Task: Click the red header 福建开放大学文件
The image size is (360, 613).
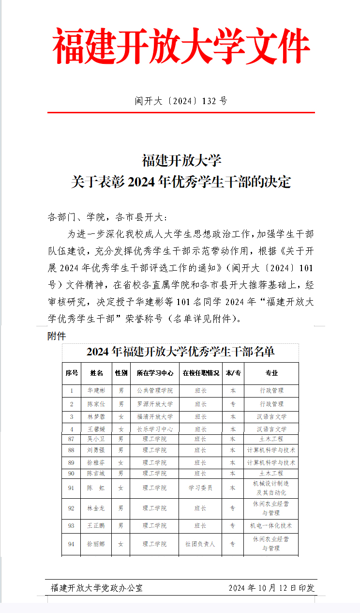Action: [x=180, y=46]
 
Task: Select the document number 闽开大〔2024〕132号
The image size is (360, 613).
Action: [x=180, y=101]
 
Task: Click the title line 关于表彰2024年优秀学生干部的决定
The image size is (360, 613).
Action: [x=180, y=182]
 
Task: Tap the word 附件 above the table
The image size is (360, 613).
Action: [x=57, y=336]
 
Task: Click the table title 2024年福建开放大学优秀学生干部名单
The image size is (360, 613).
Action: [x=180, y=352]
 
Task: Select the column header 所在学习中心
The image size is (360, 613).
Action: [x=154, y=373]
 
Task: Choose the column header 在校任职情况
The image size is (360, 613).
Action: [x=200, y=373]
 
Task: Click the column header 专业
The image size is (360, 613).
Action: [x=271, y=373]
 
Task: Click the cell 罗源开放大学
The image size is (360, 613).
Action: [x=154, y=404]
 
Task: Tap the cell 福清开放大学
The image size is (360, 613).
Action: [x=154, y=416]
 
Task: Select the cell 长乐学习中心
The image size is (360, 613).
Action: [x=154, y=429]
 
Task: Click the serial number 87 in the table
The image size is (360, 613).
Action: [x=72, y=439]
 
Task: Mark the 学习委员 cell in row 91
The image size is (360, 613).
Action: [x=200, y=488]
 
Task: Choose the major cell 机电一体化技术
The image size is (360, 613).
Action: [x=271, y=526]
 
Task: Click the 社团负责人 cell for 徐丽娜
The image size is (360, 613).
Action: [x=200, y=544]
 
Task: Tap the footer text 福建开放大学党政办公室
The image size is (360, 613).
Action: [x=97, y=588]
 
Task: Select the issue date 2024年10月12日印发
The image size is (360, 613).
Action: [x=271, y=588]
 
